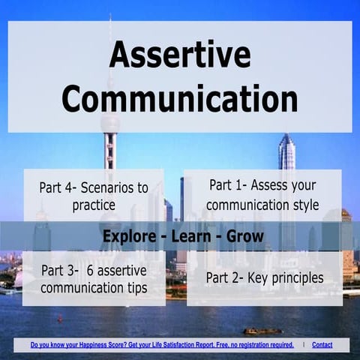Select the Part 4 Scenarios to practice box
coord(94,196)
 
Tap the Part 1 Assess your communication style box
coord(263,194)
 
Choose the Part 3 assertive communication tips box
coord(94,278)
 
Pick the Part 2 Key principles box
coord(264,278)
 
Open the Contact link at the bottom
coord(322,345)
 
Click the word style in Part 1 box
coord(304,204)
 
